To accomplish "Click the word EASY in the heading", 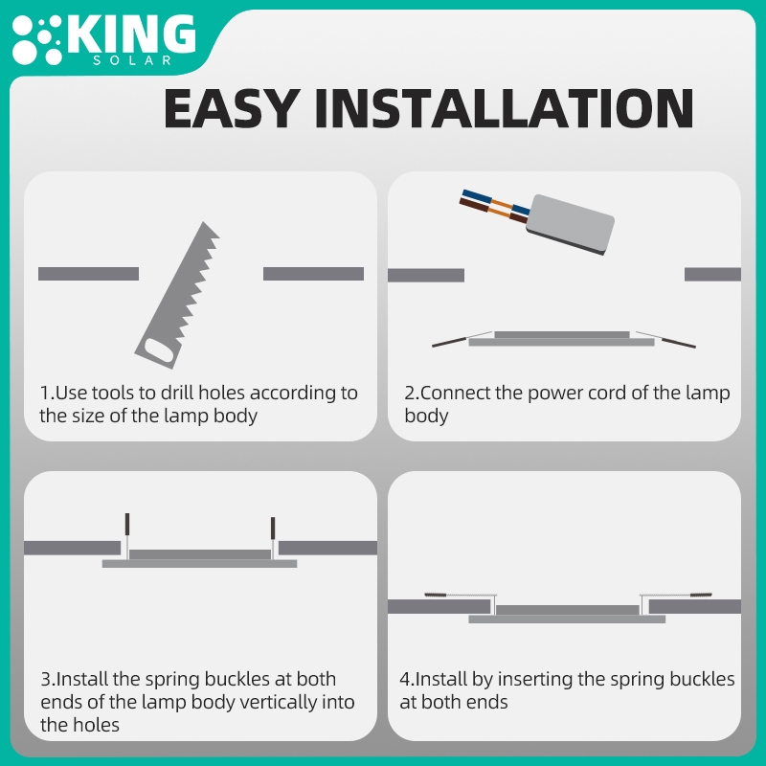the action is click(x=231, y=108).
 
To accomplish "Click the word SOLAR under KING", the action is click(x=132, y=60).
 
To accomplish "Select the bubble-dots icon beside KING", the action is click(x=37, y=40).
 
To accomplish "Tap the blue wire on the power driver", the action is click(x=494, y=202).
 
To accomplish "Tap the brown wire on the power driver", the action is click(x=492, y=211).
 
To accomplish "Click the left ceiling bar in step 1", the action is click(x=88, y=274).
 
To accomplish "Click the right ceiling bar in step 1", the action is click(x=313, y=274).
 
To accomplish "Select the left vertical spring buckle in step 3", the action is click(x=127, y=536).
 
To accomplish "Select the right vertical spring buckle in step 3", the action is click(x=273, y=538).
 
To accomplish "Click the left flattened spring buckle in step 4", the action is click(x=461, y=596).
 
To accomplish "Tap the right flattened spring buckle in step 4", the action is click(x=676, y=596).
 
